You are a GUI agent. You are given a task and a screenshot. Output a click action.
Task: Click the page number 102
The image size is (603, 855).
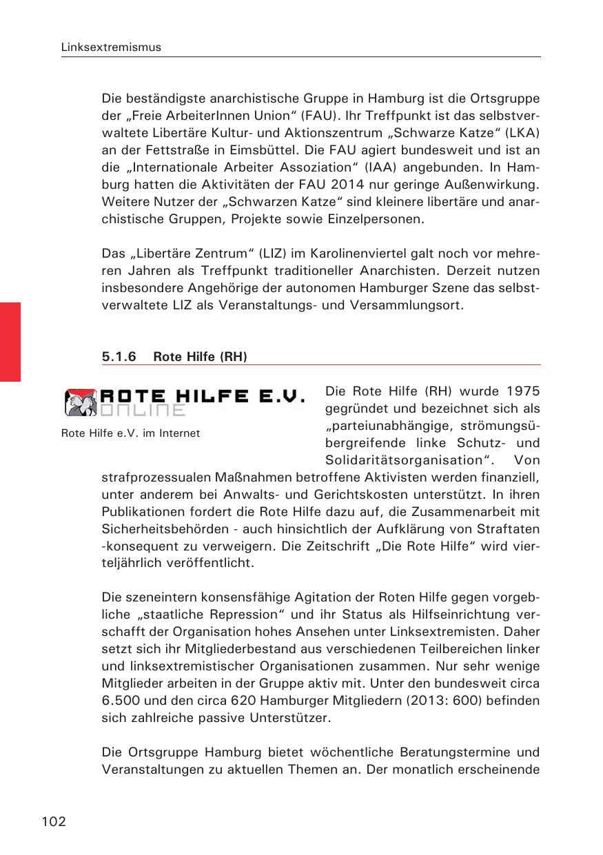coord(54,821)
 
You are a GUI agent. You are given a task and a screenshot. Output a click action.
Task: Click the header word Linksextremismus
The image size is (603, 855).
coord(111,48)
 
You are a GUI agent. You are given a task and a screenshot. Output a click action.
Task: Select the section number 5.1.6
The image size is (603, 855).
coord(119,356)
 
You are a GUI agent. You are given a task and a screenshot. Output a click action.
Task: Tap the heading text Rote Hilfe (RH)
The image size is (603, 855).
coord(200,356)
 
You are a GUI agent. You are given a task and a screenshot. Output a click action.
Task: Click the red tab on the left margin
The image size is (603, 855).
coord(10,341)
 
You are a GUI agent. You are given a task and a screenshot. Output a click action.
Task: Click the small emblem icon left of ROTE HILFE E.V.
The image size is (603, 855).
coord(80,402)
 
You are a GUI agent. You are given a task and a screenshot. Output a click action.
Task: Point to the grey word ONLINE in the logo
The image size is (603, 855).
coord(143,411)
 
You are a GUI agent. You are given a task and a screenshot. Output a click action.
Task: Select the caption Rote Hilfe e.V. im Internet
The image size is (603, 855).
coord(130,433)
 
